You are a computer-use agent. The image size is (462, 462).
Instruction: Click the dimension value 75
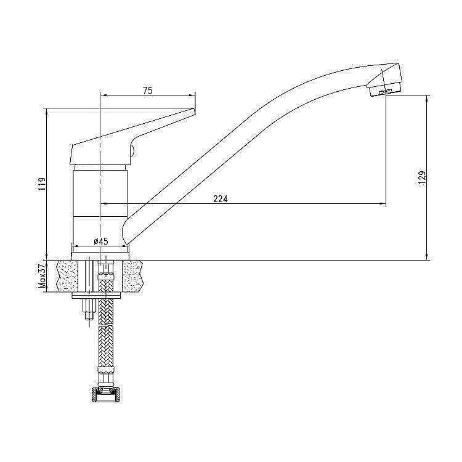point(147,90)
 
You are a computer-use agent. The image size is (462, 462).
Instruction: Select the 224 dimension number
point(220,198)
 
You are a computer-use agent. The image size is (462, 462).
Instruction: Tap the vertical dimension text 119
point(41,184)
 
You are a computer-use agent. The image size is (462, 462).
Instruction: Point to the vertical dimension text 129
point(422,177)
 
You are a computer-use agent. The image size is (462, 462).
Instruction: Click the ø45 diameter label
point(100,241)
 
